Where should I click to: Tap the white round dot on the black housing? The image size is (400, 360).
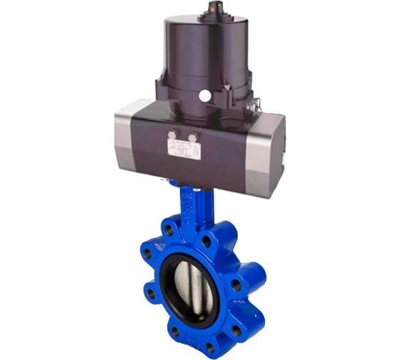pos(204,94)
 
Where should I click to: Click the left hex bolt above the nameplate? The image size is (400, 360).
pos(173,134)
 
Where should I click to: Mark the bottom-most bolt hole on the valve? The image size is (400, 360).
pos(209,347)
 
